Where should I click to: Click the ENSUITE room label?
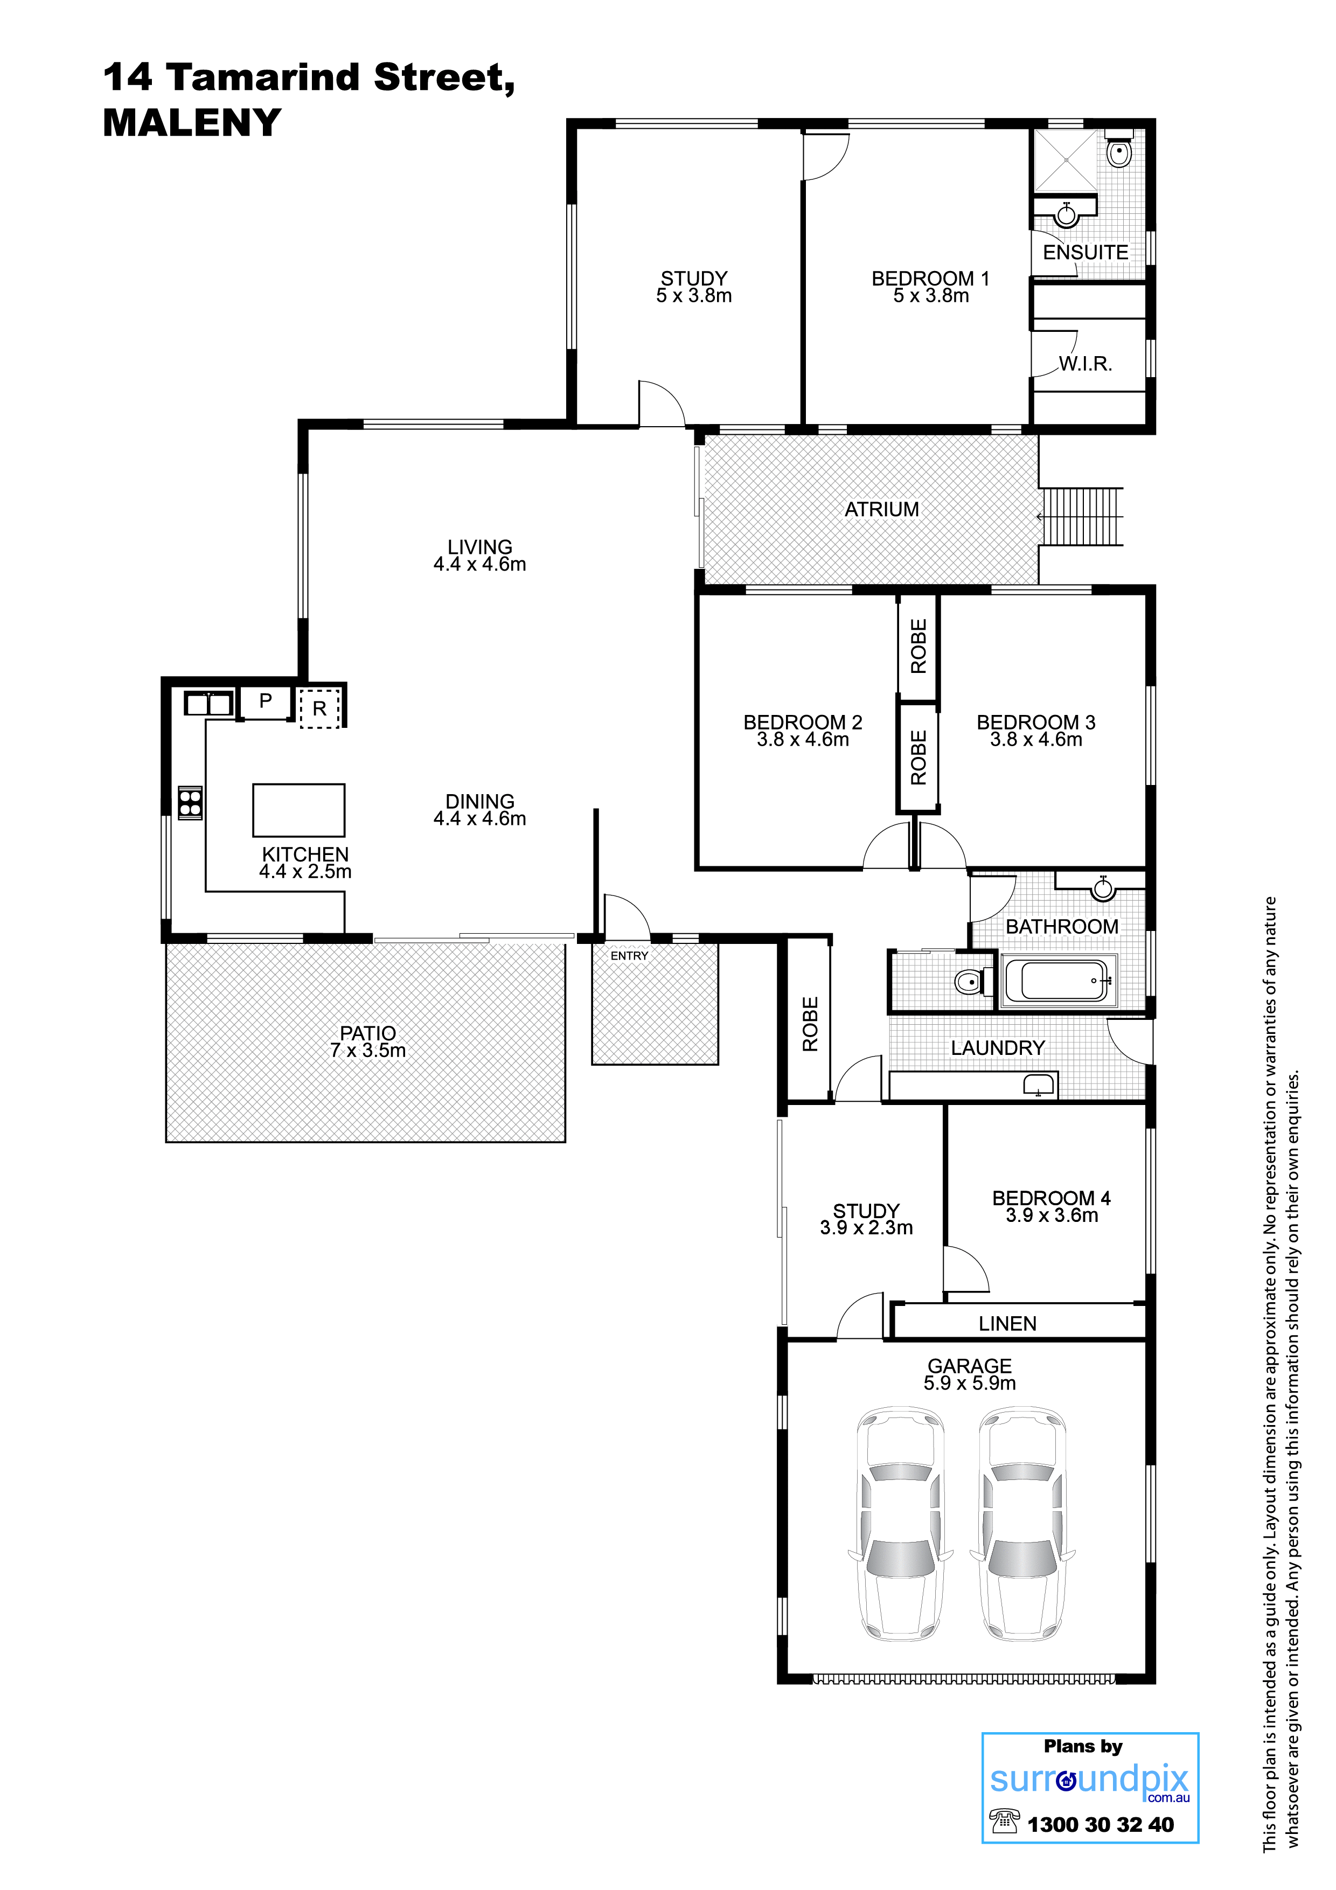(1085, 253)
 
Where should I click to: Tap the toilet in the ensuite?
(1119, 150)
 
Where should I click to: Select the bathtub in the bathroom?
(1059, 981)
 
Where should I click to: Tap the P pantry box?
(265, 702)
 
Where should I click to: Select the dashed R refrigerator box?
(319, 707)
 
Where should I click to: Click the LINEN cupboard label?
(1007, 1324)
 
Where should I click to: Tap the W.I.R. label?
(1085, 364)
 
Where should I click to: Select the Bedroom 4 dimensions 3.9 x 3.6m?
(1052, 1216)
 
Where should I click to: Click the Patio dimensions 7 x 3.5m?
(368, 1051)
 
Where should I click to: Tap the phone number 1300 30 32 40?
(1101, 1825)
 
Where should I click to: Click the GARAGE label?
(970, 1366)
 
